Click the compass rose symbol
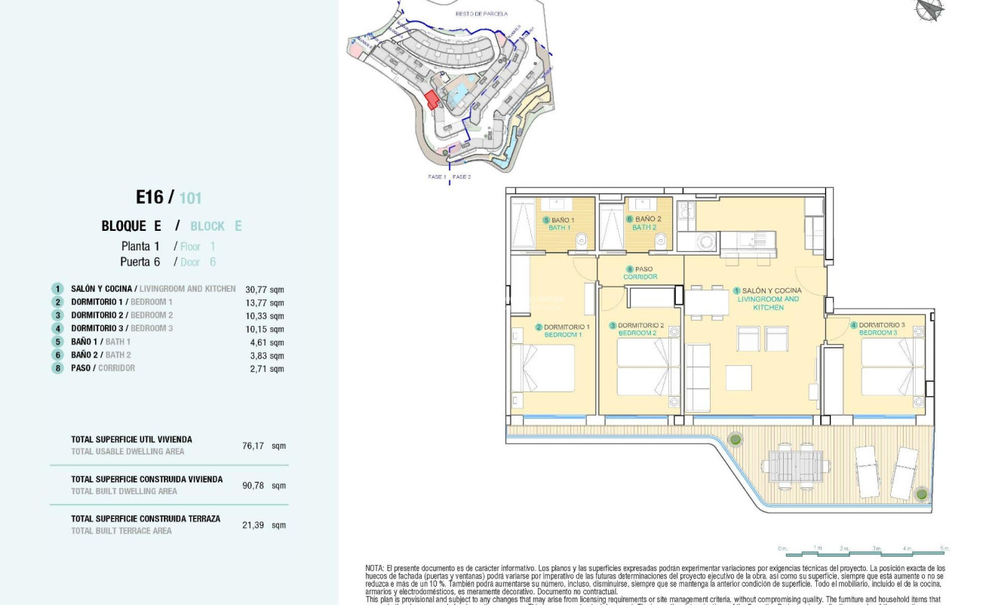(929, 9)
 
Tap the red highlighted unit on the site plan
(432, 100)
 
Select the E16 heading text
(149, 198)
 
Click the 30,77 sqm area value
(265, 289)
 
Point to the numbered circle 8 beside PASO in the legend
(57, 368)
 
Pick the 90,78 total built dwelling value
(253, 485)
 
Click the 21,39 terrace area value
(253, 525)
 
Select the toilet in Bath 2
(662, 241)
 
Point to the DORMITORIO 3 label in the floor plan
(881, 325)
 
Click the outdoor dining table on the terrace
(796, 465)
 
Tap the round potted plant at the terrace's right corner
(921, 494)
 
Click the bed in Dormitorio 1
(543, 370)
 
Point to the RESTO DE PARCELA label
(481, 14)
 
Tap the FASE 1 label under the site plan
(437, 177)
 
